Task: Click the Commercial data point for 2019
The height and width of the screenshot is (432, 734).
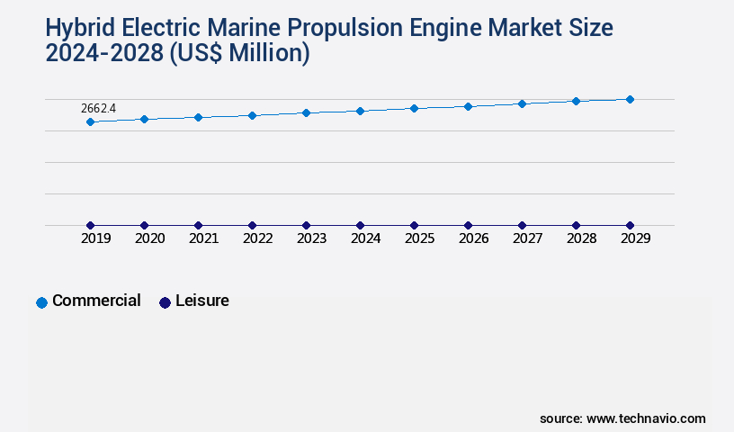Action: coord(90,121)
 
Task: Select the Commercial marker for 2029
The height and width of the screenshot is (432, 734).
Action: coord(630,99)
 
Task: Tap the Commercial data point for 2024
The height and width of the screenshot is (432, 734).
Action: coord(360,111)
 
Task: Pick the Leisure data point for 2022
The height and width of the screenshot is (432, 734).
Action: coord(252,225)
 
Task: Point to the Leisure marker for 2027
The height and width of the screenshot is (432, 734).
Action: coord(522,225)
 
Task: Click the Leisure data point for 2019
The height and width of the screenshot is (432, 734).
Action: coord(90,225)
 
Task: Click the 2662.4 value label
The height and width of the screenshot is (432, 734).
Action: coord(98,108)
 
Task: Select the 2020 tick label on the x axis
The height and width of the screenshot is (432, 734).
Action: coord(149,239)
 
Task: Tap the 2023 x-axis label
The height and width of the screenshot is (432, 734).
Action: coord(311,239)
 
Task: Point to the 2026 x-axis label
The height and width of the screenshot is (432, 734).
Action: coord(473,239)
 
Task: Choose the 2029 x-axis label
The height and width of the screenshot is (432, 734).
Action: coord(635,239)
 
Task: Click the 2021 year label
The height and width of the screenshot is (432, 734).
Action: coord(203,239)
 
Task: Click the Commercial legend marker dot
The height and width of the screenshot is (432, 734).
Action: coord(41,302)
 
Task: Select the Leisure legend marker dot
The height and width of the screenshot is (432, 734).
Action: coord(165,302)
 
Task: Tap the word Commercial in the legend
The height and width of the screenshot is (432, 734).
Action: coord(96,301)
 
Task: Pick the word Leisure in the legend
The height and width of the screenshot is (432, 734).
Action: coord(202,301)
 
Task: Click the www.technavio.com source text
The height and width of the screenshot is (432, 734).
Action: coord(646,418)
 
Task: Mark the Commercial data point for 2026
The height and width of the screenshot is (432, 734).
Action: coord(468,106)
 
